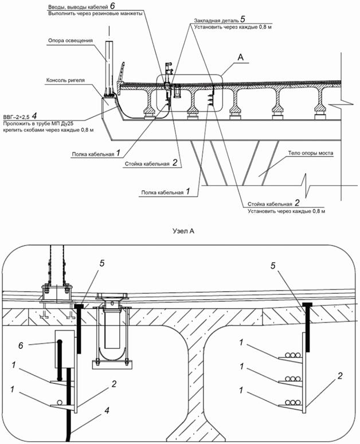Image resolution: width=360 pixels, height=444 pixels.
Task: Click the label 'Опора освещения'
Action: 71,41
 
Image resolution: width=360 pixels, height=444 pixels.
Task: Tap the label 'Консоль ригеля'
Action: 65,80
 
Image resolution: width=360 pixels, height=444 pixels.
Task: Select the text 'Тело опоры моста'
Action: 311,153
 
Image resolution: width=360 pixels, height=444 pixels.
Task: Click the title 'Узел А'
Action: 183,231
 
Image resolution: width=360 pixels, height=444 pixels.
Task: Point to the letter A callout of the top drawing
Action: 240,57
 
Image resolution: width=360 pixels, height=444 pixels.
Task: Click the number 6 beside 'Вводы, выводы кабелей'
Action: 113,6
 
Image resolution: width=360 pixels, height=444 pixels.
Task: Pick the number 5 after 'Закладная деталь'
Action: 242,19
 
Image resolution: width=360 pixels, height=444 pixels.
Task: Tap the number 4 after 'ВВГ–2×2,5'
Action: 34,116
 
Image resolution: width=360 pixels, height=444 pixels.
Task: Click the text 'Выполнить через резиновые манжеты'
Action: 95,13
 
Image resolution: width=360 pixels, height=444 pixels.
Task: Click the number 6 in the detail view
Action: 21,345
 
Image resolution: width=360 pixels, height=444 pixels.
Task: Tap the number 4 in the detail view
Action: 107,411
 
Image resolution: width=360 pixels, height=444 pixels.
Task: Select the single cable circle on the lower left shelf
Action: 60,403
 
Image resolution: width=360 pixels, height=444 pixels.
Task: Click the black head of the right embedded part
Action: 307,304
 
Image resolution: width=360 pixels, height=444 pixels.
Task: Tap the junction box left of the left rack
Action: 65,349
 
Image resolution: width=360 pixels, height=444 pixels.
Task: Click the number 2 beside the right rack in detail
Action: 340,376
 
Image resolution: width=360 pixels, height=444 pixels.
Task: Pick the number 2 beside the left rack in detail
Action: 114,384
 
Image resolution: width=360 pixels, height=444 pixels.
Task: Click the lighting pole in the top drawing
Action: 109,66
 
